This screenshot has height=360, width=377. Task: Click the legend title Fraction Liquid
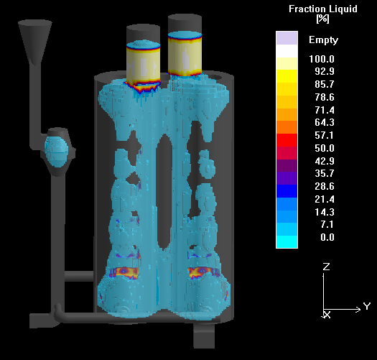pos(323,9)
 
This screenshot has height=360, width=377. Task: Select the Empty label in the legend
pos(323,40)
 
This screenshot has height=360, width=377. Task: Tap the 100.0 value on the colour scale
pos(322,59)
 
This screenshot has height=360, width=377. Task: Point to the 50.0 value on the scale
pos(325,148)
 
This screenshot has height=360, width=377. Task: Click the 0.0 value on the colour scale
pos(327,237)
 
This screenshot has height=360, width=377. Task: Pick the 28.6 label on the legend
pos(325,186)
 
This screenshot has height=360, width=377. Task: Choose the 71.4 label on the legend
pos(325,110)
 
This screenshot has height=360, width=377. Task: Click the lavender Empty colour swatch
pos(287,38)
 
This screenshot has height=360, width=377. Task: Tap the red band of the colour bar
pos(287,140)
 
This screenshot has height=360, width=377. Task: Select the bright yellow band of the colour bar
pos(287,76)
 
